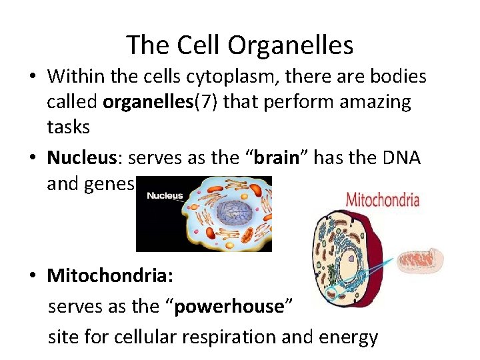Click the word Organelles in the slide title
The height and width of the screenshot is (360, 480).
click(x=290, y=45)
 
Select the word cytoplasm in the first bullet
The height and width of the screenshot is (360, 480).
click(x=205, y=77)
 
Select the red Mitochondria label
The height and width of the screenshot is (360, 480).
click(x=383, y=199)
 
